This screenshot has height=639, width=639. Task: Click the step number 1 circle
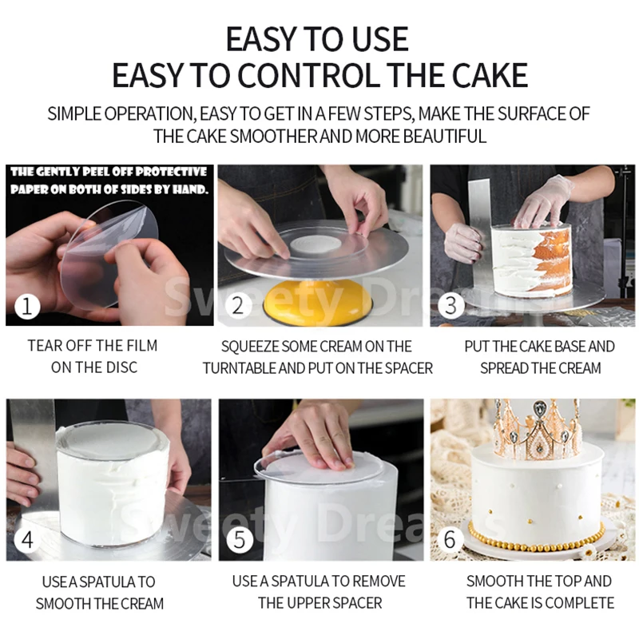[27, 306]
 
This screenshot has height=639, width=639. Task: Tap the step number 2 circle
[237, 306]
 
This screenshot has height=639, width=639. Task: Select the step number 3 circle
[450, 305]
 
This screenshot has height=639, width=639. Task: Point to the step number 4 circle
[27, 540]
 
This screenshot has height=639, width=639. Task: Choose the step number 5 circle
[240, 540]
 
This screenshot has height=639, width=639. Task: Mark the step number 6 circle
[450, 539]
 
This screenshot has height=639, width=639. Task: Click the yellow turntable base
[318, 302]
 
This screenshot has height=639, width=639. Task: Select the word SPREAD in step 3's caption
[504, 368]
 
